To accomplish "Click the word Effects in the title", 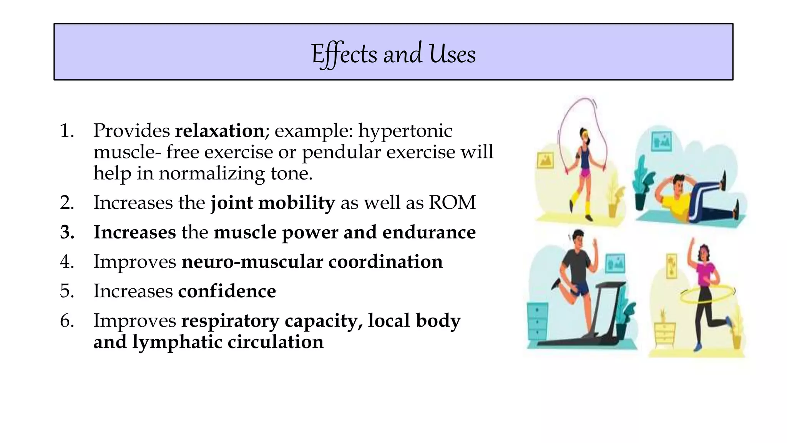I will coord(344,54).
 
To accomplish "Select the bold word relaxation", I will coord(219,131).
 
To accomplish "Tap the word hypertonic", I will coord(405,131).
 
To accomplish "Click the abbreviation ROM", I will coord(452,203).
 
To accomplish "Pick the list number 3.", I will coord(67,232).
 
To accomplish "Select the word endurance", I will coord(429,232).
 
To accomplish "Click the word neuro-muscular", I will coord(252,262).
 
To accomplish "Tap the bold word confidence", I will coord(227,291).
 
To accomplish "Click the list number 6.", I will coord(67,321).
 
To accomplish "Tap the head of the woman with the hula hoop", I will coord(704,252).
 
